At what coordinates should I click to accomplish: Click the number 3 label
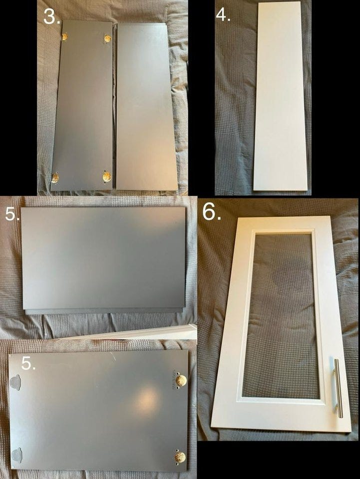tap(51, 17)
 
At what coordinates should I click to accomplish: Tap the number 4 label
tap(223, 14)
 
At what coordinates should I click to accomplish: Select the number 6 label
tap(212, 212)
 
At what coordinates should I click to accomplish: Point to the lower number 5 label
tap(28, 363)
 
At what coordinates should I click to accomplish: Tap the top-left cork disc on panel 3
tap(65, 36)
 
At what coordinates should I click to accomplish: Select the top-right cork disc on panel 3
tap(107, 38)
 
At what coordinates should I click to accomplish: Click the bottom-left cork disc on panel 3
tap(55, 178)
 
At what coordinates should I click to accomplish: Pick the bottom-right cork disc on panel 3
tap(107, 176)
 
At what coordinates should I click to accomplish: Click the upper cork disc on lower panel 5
tap(181, 381)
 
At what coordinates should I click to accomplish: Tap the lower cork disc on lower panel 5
tap(180, 457)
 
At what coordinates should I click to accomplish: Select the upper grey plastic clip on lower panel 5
tap(15, 383)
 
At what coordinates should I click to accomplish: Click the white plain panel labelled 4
tap(281, 96)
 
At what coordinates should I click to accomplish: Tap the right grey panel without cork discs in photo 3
tap(146, 107)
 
